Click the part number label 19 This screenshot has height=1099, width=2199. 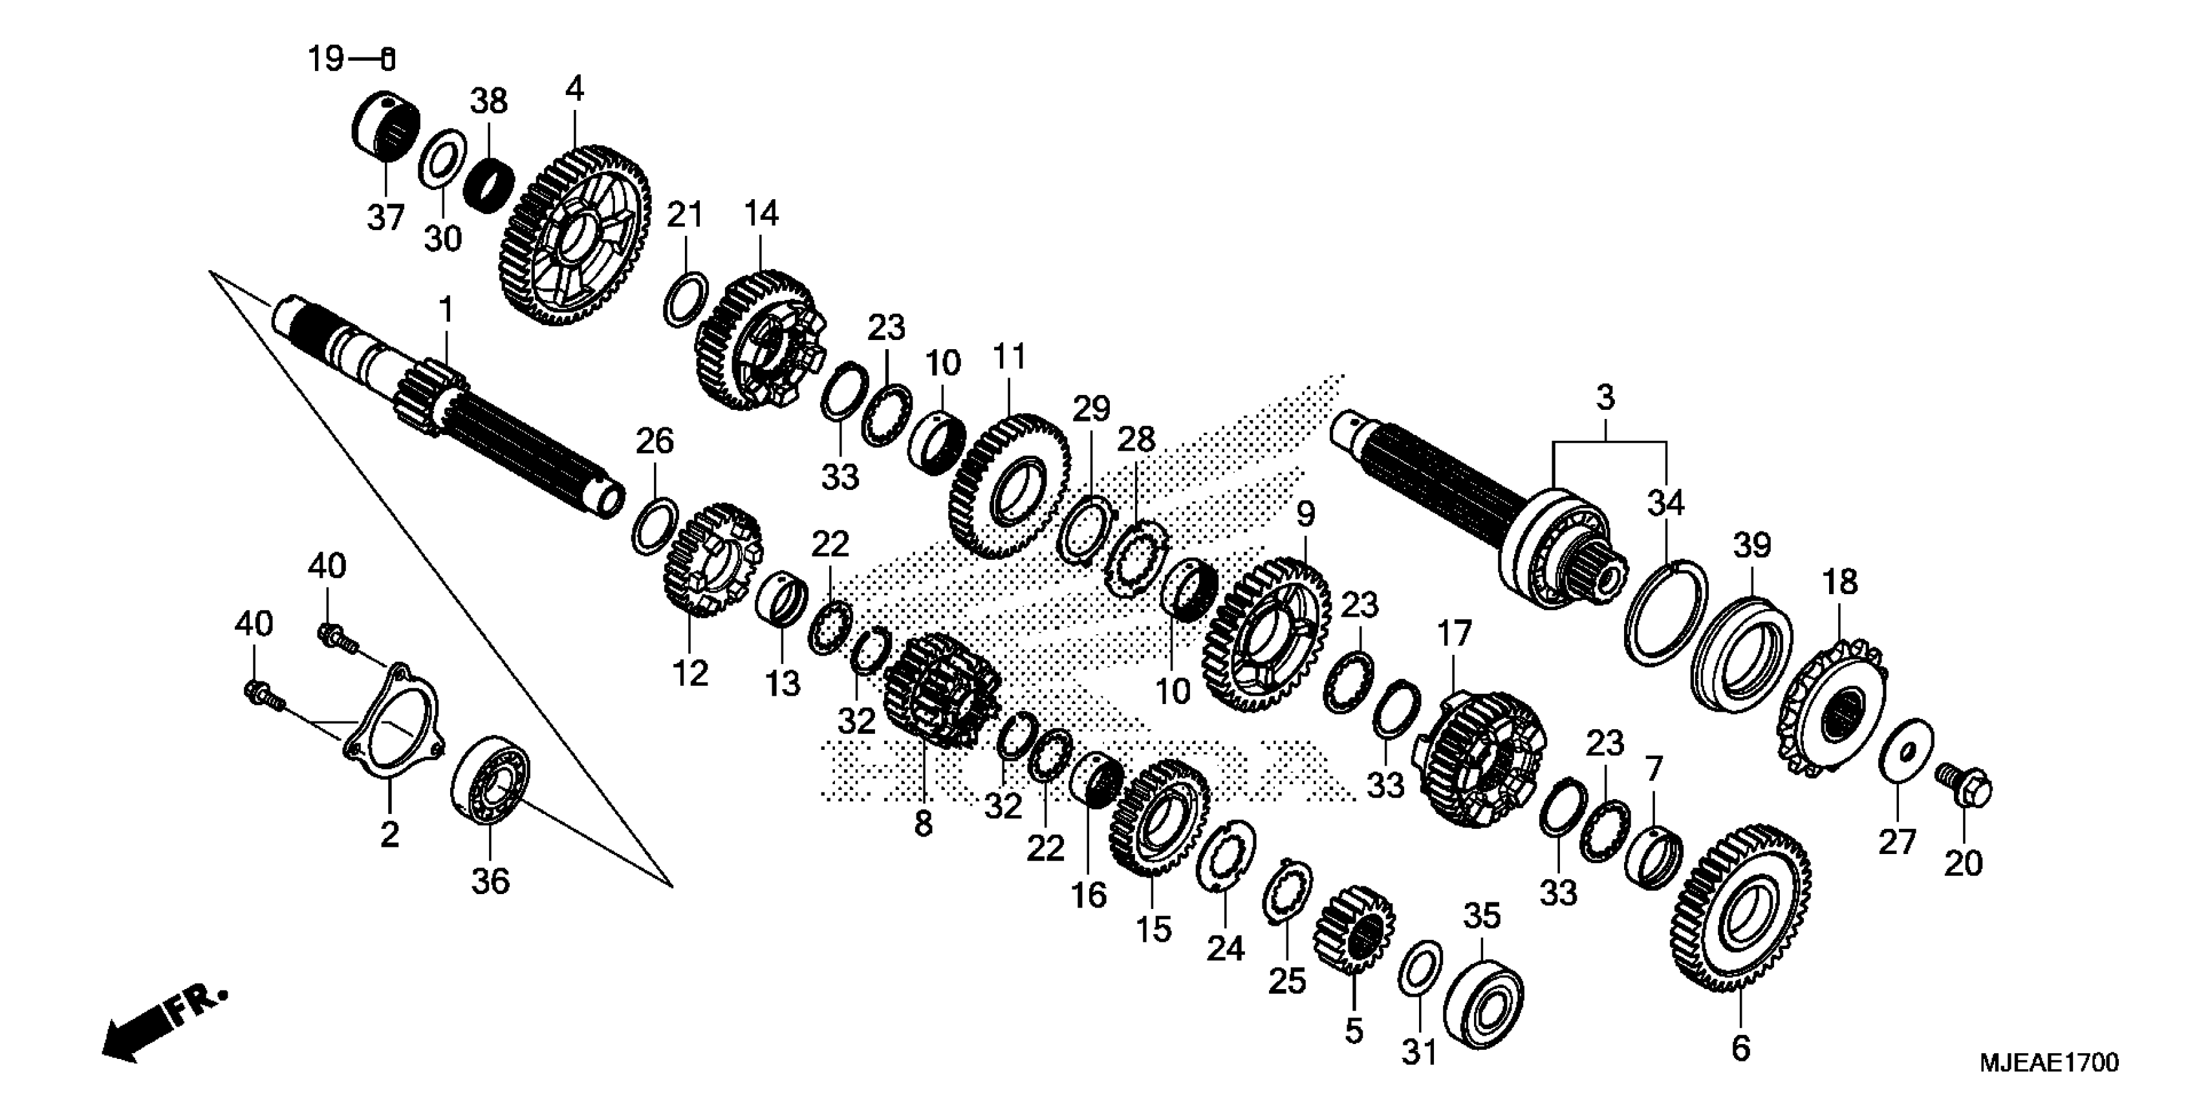click(325, 59)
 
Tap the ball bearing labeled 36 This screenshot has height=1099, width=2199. click(490, 780)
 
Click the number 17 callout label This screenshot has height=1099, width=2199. click(1454, 634)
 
